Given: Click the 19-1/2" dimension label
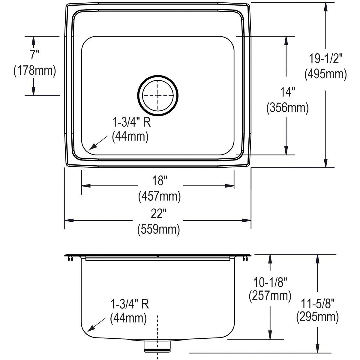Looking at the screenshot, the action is [325, 58].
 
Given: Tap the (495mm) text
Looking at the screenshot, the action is [325, 74].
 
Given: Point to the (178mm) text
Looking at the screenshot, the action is [35, 70].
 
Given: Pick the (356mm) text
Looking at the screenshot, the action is [287, 108].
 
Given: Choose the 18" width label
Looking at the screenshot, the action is [159, 181].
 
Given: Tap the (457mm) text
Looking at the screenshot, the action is [159, 196].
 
